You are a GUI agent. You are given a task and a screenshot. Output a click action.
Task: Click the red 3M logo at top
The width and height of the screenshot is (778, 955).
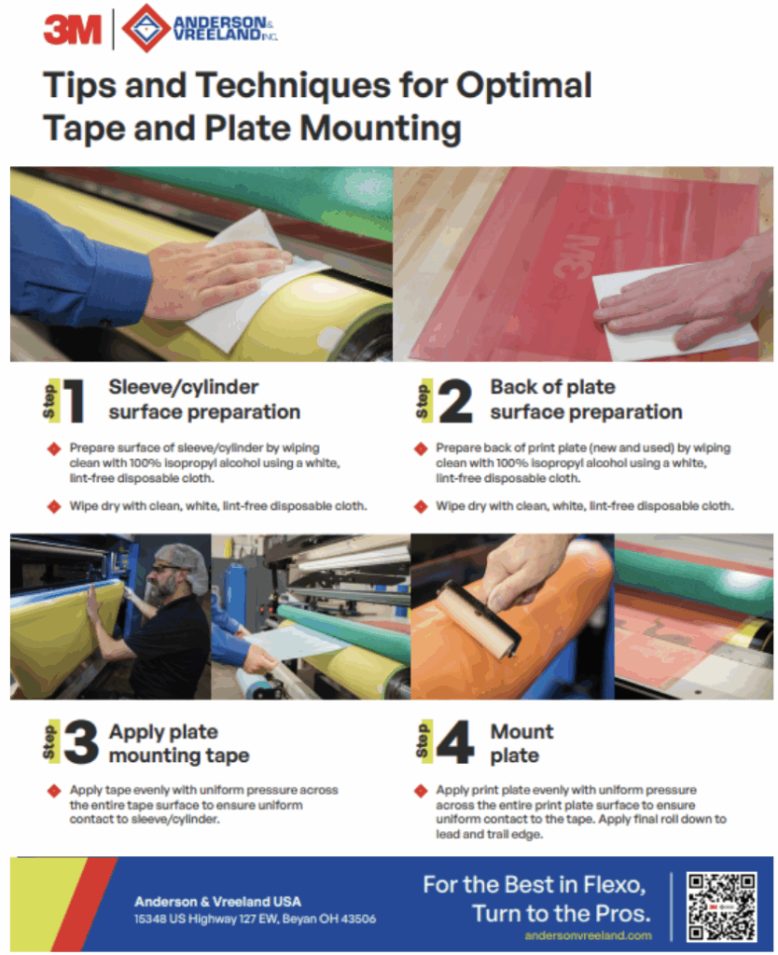point(72,31)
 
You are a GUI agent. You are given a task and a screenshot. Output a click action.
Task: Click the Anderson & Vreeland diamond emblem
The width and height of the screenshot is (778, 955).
point(146,29)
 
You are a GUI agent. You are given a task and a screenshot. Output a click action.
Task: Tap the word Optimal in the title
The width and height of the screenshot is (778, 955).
point(523,86)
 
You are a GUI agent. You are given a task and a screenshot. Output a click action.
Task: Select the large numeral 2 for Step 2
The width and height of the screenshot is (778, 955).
point(454,400)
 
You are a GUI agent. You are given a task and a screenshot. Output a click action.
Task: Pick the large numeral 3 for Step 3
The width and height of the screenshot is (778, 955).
point(81,743)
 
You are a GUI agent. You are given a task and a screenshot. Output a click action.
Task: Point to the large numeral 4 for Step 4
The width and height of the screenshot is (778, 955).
point(455,743)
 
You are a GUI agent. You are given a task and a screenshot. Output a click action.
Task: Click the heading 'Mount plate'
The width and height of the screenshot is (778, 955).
point(521,743)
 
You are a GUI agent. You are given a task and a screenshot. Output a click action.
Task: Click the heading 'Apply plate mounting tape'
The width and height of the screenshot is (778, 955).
point(178,743)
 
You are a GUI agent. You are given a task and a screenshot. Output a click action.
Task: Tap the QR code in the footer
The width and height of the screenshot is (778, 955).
point(721,906)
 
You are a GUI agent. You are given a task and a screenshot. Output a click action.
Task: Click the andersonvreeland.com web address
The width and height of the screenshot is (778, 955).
point(588,934)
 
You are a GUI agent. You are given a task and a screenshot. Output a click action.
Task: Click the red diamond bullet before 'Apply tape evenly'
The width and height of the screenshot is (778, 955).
point(54,790)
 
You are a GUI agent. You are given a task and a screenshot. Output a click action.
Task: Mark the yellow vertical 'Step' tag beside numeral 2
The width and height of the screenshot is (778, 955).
point(424,400)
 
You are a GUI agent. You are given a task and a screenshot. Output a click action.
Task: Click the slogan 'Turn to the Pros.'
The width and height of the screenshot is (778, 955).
point(561,911)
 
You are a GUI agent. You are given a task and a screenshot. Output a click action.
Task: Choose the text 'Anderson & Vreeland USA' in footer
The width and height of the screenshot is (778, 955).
point(217,902)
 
